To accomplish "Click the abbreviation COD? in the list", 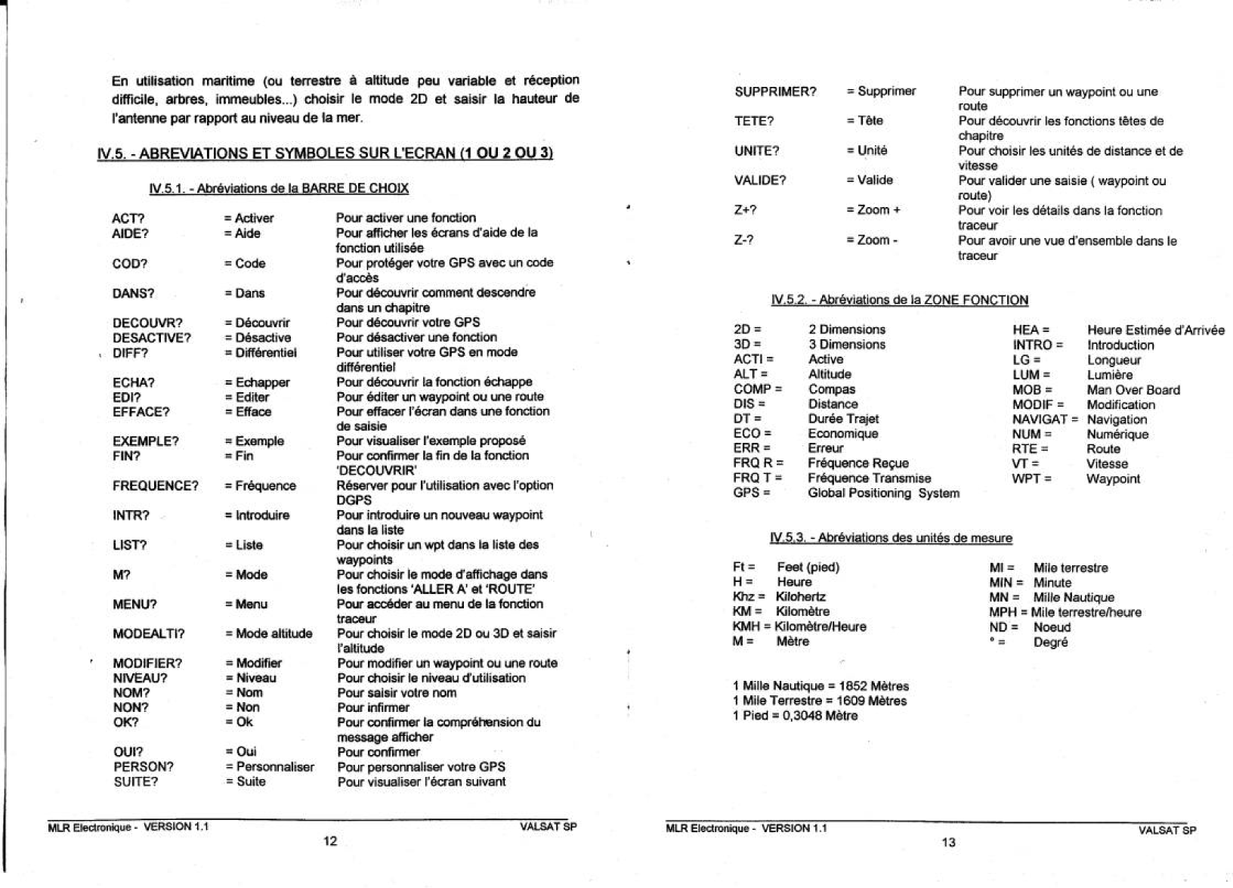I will pyautogui.click(x=130, y=264).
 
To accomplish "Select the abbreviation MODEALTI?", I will pyautogui.click(x=149, y=634).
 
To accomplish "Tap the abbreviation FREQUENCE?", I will pyautogui.click(x=156, y=486).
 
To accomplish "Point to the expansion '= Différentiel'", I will pyautogui.click(x=261, y=353).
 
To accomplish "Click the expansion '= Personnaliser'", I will pyautogui.click(x=270, y=767).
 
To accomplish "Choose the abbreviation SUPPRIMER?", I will pyautogui.click(x=775, y=92).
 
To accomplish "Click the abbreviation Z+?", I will pyautogui.click(x=746, y=210).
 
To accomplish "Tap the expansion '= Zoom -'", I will pyautogui.click(x=872, y=240).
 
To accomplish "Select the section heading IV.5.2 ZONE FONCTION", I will pyautogui.click(x=899, y=300).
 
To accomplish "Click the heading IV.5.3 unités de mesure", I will pyautogui.click(x=891, y=538).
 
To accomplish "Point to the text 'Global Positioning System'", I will pyautogui.click(x=883, y=494).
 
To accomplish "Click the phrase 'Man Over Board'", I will pyautogui.click(x=1133, y=390).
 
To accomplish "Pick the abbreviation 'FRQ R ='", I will pyautogui.click(x=758, y=463).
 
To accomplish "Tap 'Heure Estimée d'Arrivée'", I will pyautogui.click(x=1156, y=330).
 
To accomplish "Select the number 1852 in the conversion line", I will pyautogui.click(x=851, y=686).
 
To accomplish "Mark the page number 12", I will pyautogui.click(x=330, y=841).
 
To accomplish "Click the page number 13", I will pyautogui.click(x=948, y=843).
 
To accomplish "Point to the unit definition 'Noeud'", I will pyautogui.click(x=1052, y=627).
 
